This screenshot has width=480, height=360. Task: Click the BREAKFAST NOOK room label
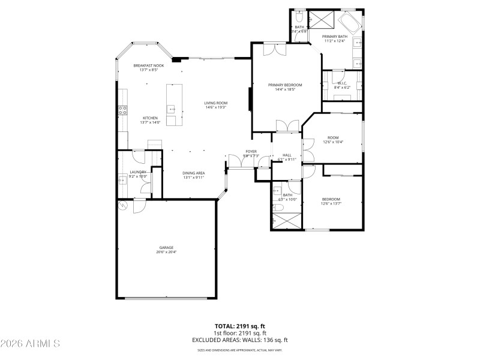pyautogui.click(x=149, y=65)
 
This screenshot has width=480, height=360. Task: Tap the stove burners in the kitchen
pyautogui.click(x=122, y=110)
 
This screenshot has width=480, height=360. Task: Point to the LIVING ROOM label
pyautogui.click(x=216, y=103)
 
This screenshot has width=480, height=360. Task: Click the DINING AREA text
pyautogui.click(x=194, y=173)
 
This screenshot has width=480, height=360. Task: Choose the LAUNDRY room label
pyautogui.click(x=138, y=172)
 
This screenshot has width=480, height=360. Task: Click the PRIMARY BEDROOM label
pyautogui.click(x=285, y=85)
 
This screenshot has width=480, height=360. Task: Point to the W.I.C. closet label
pyautogui.click(x=341, y=83)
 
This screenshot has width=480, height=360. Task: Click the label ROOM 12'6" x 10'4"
pyautogui.click(x=332, y=137)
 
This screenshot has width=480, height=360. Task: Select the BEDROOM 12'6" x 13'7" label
pyautogui.click(x=331, y=199)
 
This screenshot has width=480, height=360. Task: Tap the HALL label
pyautogui.click(x=287, y=155)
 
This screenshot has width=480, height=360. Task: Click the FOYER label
pyautogui.click(x=251, y=151)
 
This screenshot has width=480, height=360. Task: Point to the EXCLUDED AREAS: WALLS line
pyautogui.click(x=240, y=340)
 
